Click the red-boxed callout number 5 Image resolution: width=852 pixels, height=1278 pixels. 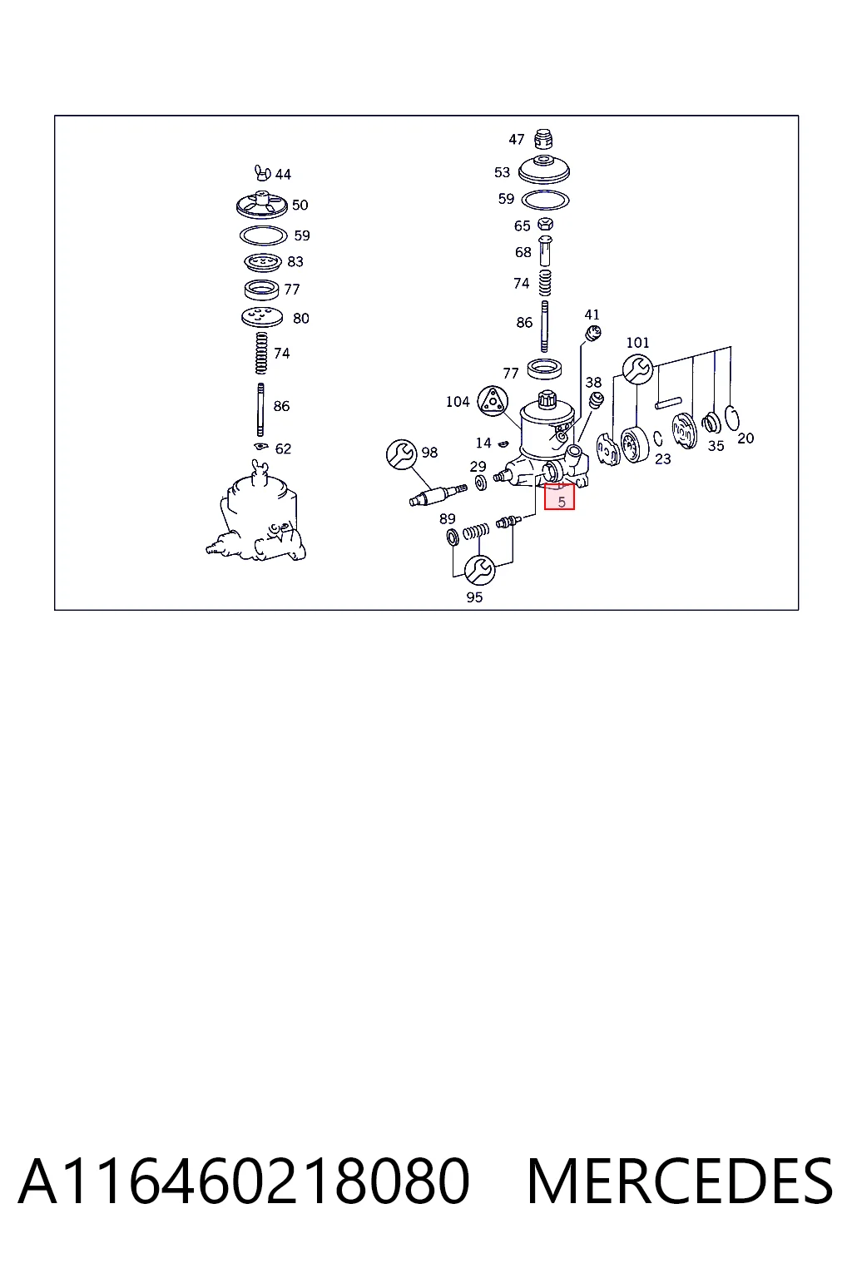coord(562,502)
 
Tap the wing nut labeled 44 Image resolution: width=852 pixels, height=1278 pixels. coord(262,171)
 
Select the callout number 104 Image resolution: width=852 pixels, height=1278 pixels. coord(457,402)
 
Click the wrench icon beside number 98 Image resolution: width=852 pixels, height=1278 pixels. coord(401,454)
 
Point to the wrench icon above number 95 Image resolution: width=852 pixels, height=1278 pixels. coord(479,570)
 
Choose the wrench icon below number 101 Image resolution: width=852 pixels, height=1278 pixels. coord(637,369)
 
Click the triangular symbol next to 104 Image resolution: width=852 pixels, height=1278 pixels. coord(493,401)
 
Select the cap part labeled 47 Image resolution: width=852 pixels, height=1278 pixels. coord(544,139)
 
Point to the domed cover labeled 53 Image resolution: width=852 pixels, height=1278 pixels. coord(544,169)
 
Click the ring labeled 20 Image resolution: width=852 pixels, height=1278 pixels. coord(732,419)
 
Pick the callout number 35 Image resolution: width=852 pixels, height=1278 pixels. coord(716,446)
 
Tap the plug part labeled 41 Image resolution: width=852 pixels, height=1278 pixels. coord(593,333)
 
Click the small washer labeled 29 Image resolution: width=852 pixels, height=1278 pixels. coord(481,483)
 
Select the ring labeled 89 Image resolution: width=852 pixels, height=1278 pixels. coord(453,537)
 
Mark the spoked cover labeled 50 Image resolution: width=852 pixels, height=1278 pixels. coord(262,205)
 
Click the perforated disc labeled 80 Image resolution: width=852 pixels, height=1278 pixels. coord(262,317)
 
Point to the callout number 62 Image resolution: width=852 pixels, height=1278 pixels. coord(283,449)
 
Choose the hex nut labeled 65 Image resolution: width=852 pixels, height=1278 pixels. coord(545,224)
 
